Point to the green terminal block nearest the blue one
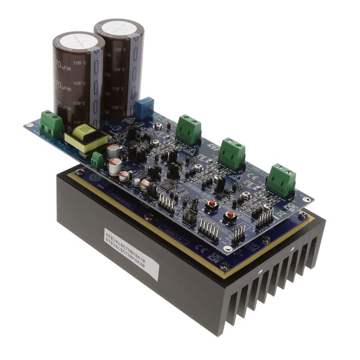coord(188,129)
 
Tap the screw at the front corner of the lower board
coord(225,265)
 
